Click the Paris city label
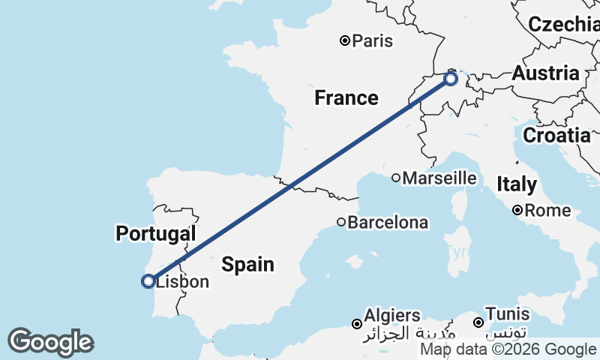373,41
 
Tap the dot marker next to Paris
345,40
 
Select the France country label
346,97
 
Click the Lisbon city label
182,283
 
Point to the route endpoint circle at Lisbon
148,281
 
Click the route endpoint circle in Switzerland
451,78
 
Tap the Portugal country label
155,233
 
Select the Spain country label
247,265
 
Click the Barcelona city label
388,223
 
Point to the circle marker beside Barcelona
341,222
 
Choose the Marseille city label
439,178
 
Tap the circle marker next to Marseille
396,178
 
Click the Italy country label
517,184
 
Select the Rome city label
547,211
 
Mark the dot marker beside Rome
518,211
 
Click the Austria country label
546,73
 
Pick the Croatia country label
556,136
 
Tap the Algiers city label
391,316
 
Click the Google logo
50,342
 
